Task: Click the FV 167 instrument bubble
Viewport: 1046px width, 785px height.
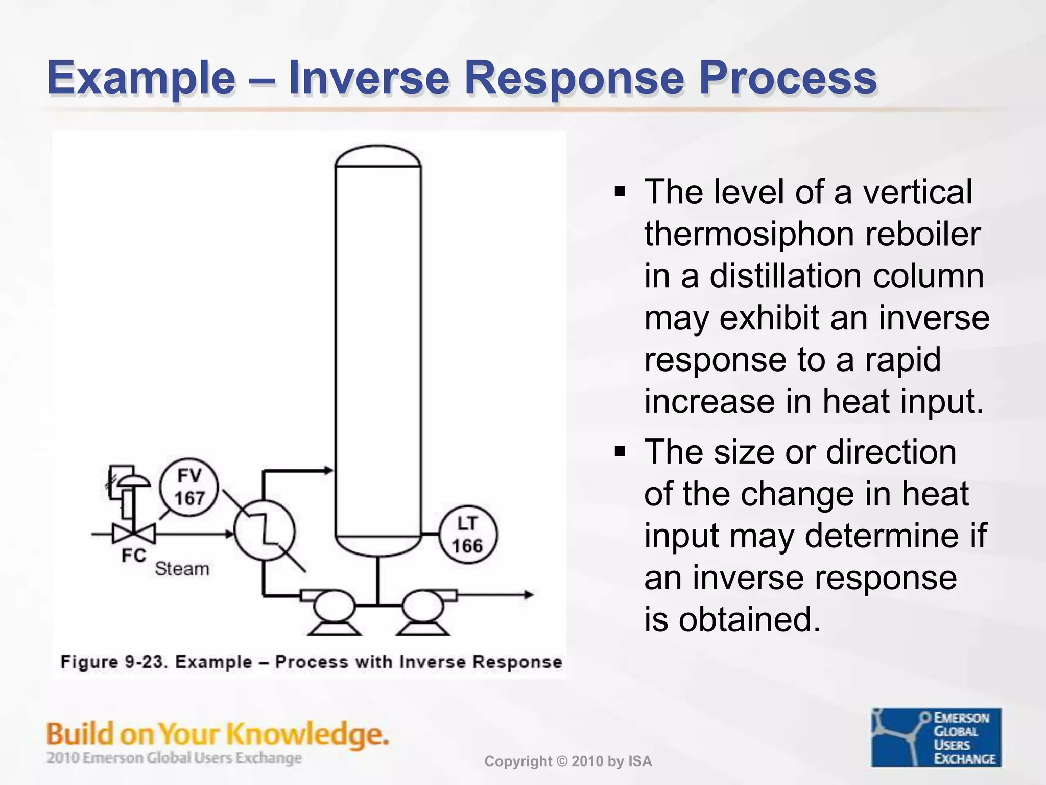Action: coord(188,487)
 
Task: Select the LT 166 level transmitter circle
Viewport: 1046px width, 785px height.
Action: coord(467,535)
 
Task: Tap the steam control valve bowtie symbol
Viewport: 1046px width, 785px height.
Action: coord(134,534)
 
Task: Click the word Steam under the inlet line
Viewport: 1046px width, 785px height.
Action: coord(182,569)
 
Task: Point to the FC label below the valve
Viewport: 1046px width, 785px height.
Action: coord(134,556)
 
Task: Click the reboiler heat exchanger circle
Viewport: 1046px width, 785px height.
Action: coord(264,530)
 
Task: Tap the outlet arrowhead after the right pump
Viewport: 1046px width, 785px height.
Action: coord(529,594)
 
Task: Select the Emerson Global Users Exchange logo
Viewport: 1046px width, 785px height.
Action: coord(936,737)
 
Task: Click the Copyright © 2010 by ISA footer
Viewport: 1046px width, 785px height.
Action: coord(568,761)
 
